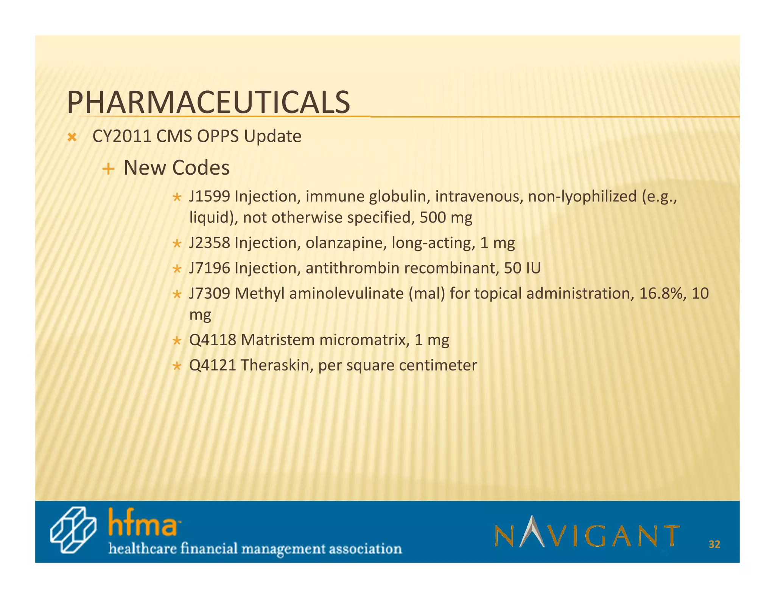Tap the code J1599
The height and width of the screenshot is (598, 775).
tap(209, 197)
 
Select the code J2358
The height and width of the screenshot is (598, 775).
tap(209, 243)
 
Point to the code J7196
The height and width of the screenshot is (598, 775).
tap(209, 268)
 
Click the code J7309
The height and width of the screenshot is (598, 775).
tap(209, 293)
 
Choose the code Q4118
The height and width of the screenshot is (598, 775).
tap(212, 340)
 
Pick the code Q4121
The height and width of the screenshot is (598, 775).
tap(212, 365)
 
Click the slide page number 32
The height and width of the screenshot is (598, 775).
tap(714, 544)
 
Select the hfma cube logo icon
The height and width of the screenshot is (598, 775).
tap(73, 530)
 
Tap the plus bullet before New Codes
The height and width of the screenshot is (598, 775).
tap(108, 169)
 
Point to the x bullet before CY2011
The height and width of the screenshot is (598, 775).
tap(72, 138)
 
